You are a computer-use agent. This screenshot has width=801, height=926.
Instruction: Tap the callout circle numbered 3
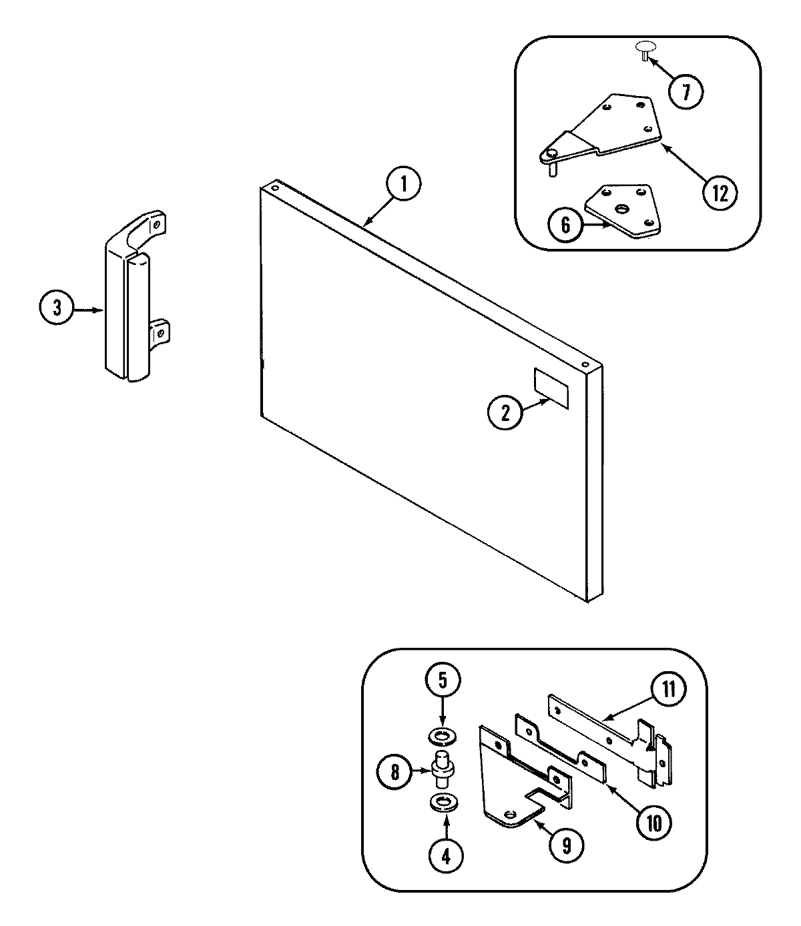point(57,310)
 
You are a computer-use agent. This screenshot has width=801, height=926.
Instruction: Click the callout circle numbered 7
point(685,91)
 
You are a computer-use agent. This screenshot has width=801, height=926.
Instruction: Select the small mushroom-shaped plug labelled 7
point(645,49)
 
